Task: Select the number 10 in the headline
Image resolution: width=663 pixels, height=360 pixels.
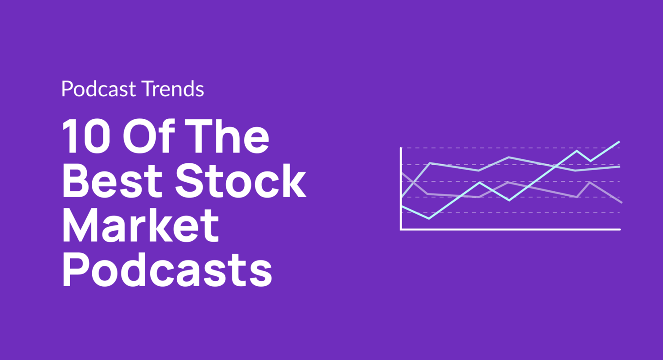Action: [85, 136]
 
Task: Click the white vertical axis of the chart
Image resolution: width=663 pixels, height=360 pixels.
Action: [400, 189]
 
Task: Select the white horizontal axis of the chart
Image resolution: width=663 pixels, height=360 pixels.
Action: [511, 229]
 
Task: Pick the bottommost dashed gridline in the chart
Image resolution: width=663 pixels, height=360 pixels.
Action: [511, 213]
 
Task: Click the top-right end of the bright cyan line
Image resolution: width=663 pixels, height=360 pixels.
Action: [619, 142]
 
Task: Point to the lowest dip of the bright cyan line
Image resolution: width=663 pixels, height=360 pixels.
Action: [429, 219]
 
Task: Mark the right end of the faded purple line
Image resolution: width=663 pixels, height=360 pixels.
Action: [621, 202]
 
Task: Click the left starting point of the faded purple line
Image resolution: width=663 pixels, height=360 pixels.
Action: [401, 173]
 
